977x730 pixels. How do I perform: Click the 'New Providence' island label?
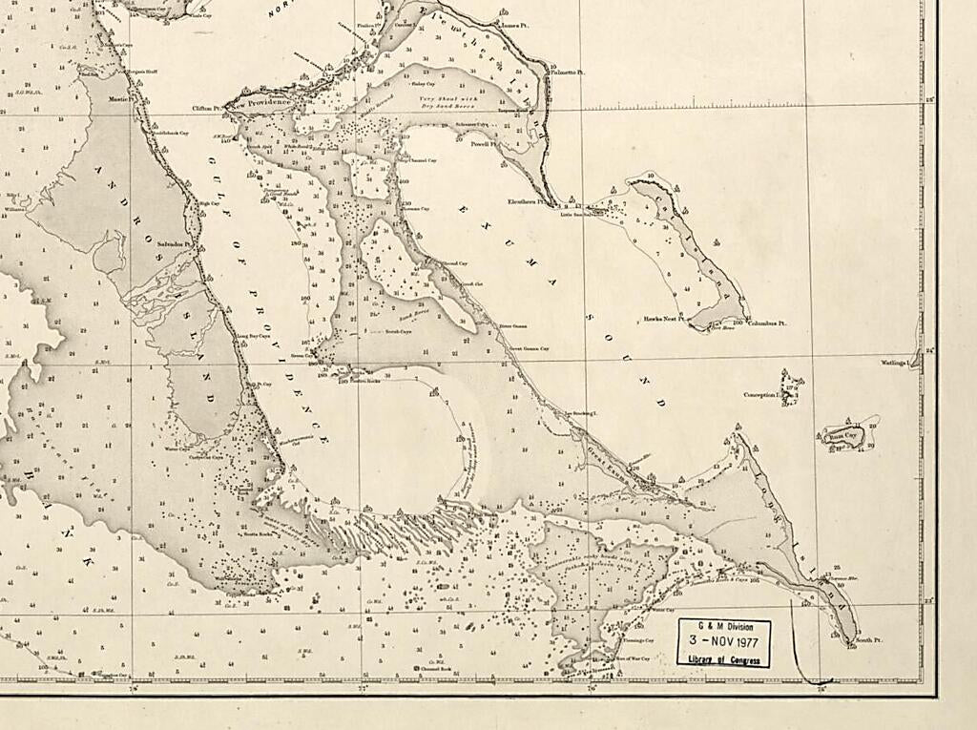pyautogui.click(x=270, y=101)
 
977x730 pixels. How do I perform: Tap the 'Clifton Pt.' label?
pyautogui.click(x=206, y=109)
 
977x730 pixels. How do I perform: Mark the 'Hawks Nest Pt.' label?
pyautogui.click(x=664, y=319)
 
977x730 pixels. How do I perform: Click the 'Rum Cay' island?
pyautogui.click(x=842, y=436)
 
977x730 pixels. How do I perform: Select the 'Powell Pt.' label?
pyautogui.click(x=478, y=144)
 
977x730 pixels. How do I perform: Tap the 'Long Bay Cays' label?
pyautogui.click(x=253, y=336)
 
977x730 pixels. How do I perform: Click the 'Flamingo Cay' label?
pyautogui.click(x=637, y=640)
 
